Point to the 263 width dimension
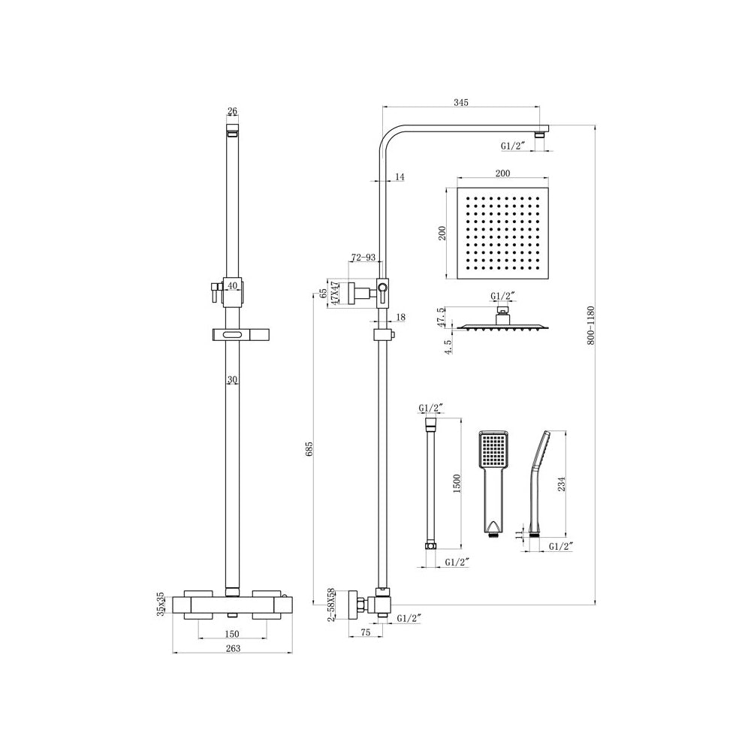tap(233, 649)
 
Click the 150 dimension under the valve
tap(233, 634)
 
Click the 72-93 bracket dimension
tap(363, 258)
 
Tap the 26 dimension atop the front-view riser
tap(232, 112)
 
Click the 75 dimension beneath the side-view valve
tap(366, 633)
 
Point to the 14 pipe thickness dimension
tap(399, 176)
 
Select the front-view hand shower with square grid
tap(493, 481)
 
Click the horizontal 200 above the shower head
tap(502, 173)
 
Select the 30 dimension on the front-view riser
tap(233, 381)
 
